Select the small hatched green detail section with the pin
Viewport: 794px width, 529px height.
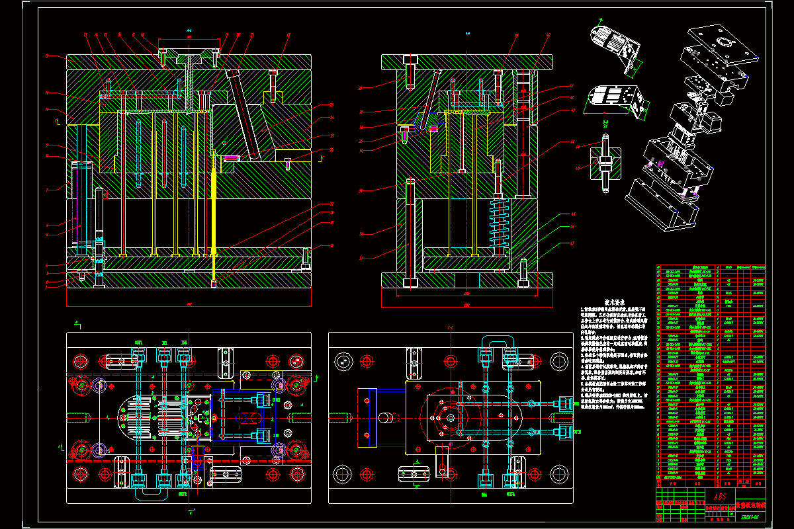605,162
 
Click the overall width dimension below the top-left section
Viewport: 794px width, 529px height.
189,305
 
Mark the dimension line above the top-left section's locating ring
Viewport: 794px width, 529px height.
189,38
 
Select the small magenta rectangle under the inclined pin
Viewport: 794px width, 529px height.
231,158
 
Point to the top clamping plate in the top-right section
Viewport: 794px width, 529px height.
466,62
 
